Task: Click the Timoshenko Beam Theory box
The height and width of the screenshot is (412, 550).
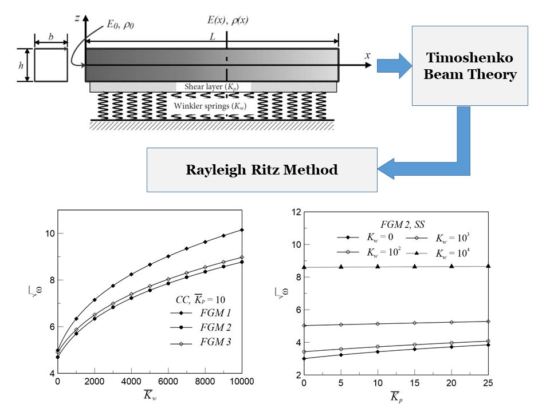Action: (x=470, y=66)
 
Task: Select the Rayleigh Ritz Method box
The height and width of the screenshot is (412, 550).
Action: (x=262, y=169)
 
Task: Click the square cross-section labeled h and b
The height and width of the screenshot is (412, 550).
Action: (x=50, y=65)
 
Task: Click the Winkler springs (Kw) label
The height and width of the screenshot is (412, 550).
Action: (x=212, y=105)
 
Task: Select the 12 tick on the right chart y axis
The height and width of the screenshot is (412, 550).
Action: (x=296, y=212)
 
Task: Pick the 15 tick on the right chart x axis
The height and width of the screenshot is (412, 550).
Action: (x=415, y=382)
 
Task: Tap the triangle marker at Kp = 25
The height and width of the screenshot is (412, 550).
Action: (x=488, y=266)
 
